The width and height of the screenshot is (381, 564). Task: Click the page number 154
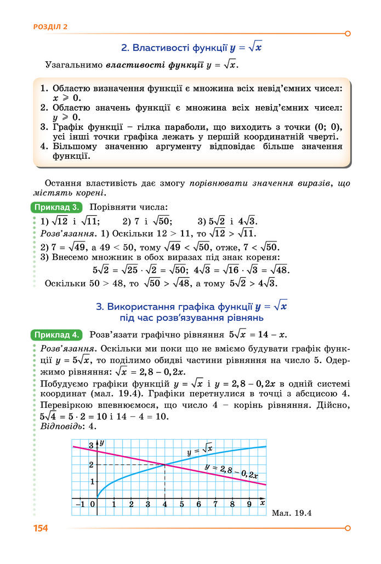coord(41,528)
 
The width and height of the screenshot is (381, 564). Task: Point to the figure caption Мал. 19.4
coord(292,513)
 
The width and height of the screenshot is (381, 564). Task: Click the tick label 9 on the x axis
coord(249,504)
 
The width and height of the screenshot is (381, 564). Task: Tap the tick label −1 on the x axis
coord(80,504)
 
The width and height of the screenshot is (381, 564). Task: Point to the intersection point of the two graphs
coord(165,465)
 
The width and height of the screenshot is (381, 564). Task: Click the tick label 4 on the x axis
coord(165,504)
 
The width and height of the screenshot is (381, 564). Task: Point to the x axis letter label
coord(263,502)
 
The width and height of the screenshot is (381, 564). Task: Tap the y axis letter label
coord(102,442)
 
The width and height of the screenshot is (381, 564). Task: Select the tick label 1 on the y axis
coord(92,481)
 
